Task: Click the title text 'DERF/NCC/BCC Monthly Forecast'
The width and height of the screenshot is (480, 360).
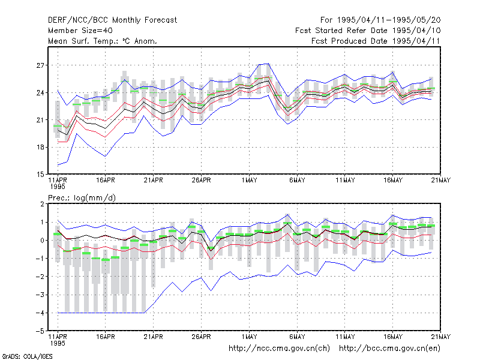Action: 112,20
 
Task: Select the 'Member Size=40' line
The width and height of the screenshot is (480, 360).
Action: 80,31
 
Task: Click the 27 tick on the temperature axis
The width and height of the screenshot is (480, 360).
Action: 40,65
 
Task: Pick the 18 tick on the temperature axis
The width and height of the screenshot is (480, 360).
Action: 40,147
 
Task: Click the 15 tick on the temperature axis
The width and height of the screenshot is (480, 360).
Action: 40,175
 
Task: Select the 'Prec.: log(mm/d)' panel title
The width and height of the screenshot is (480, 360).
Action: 82,198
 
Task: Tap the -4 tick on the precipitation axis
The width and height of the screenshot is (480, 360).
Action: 40,313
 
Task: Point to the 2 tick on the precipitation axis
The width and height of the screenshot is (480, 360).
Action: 42,204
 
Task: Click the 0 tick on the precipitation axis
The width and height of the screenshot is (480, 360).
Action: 42,241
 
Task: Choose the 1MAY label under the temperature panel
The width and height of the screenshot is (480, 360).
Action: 249,181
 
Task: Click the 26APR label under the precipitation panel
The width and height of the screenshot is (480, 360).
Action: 201,337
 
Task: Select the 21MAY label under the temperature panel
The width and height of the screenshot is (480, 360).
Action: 441,181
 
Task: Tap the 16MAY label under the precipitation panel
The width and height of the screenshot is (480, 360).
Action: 393,337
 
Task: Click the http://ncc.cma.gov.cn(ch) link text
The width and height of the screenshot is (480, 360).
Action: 279,349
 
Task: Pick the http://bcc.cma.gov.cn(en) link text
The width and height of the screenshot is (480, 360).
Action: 389,349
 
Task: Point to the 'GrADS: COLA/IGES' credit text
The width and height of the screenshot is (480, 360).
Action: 27,356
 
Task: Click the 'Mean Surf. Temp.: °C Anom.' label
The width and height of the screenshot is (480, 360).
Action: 102,41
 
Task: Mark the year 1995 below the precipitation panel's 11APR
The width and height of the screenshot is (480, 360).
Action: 58,343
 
